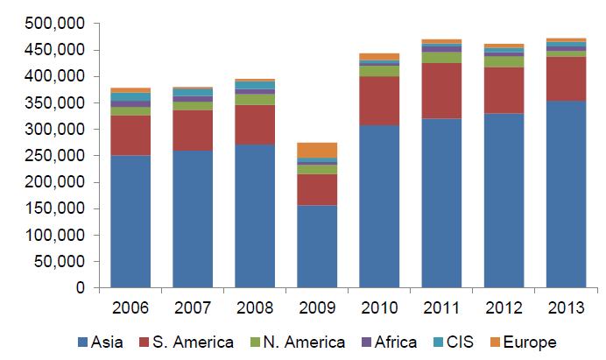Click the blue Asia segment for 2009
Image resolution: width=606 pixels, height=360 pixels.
tap(317, 246)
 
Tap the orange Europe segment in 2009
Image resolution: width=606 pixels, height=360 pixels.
tap(317, 150)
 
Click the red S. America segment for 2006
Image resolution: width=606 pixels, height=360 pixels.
tap(130, 135)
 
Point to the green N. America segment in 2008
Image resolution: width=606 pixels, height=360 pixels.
tap(255, 99)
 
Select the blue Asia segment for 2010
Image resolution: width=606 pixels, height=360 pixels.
tap(379, 206)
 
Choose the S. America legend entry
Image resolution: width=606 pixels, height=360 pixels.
tap(192, 342)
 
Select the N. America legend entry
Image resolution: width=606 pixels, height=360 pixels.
tap(303, 342)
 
